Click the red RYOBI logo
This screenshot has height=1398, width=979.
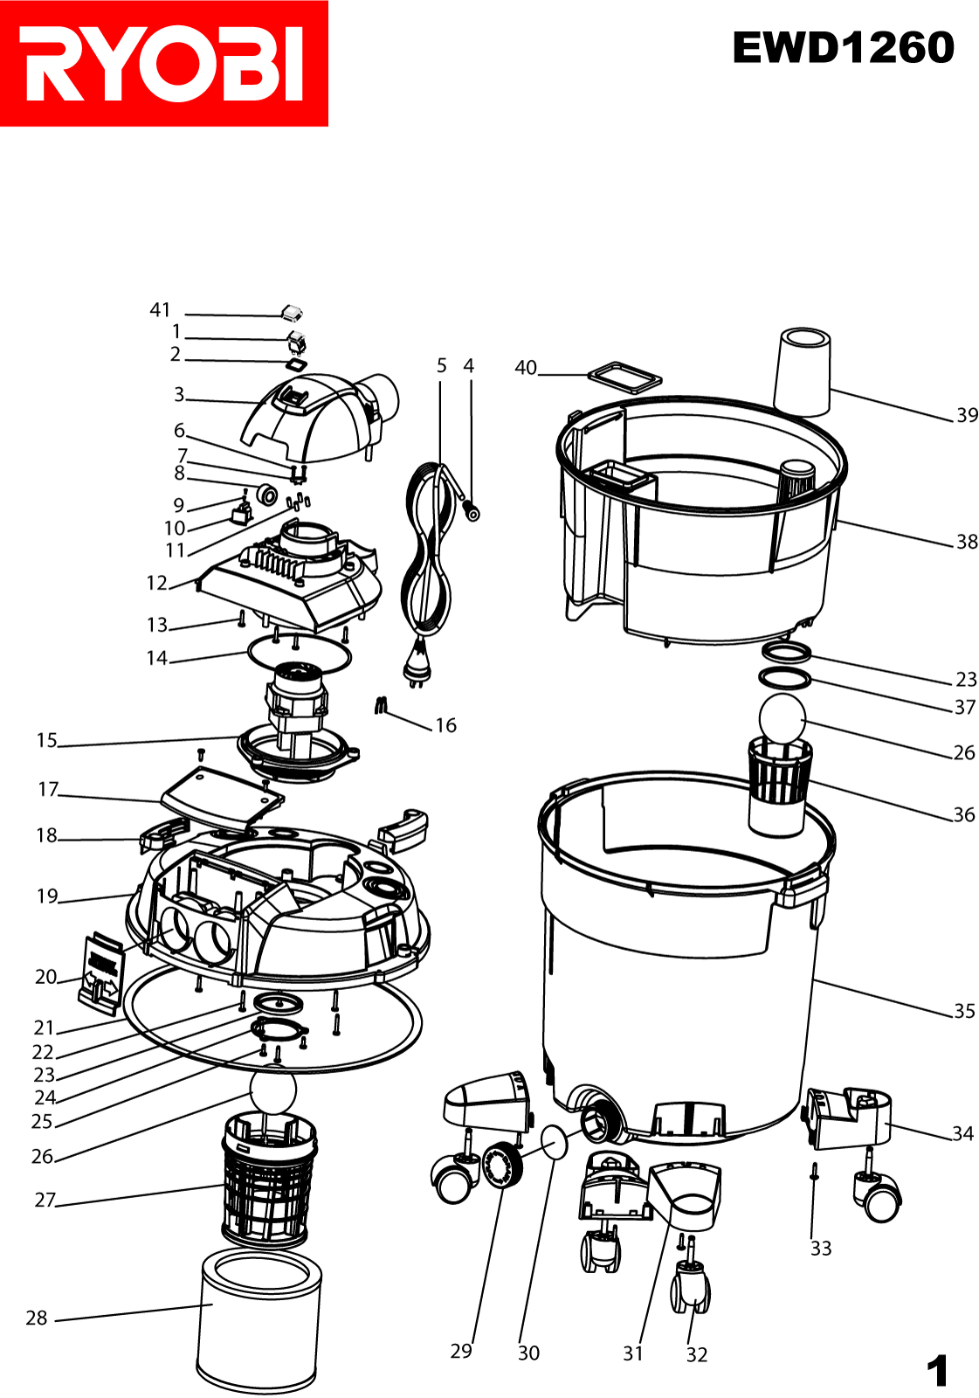tap(163, 63)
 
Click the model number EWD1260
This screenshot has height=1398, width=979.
tap(843, 48)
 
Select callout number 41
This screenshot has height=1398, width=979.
tap(161, 309)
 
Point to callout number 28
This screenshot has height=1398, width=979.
tap(36, 1318)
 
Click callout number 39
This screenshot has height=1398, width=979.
tap(967, 415)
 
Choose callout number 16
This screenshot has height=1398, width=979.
tap(445, 725)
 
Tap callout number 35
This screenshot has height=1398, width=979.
tap(965, 1011)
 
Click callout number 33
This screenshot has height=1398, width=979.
tap(821, 1249)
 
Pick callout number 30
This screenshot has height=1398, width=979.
tap(528, 1353)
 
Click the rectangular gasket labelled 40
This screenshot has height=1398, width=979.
tap(624, 377)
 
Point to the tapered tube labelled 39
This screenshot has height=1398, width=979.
tap(803, 371)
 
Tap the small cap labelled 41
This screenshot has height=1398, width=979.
tap(291, 313)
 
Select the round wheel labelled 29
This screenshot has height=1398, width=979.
tap(501, 1164)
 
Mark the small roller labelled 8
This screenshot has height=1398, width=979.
tap(268, 494)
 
